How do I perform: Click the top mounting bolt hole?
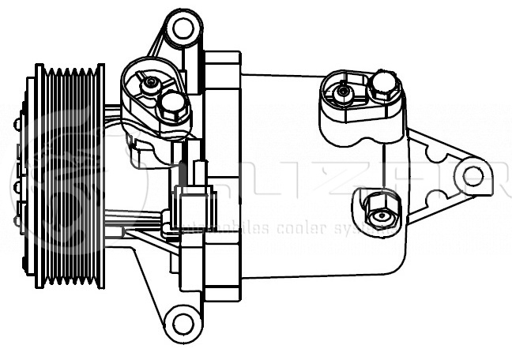point(183,29)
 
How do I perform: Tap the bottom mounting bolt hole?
point(183,321)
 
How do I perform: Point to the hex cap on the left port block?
point(172,103)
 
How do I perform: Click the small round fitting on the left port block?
point(150,83)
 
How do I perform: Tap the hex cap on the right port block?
point(383,84)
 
